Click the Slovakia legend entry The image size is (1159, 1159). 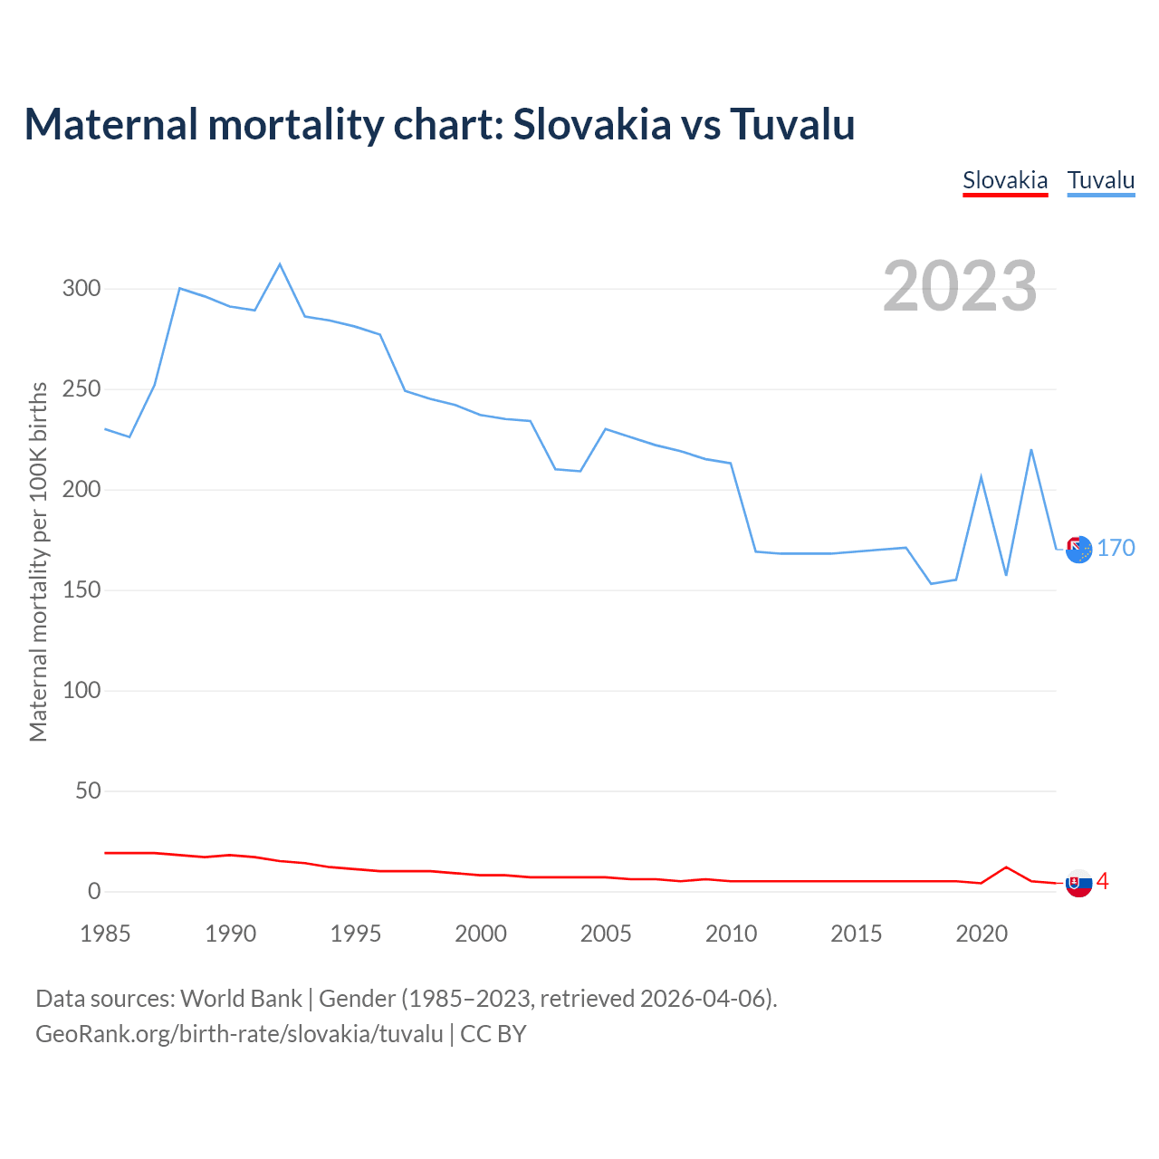1005,180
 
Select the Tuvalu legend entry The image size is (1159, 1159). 1101,180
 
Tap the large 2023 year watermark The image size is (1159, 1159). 960,286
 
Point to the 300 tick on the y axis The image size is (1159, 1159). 81,289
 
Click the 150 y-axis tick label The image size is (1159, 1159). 81,590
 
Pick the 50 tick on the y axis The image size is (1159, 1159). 88,791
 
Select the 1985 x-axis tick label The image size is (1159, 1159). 105,934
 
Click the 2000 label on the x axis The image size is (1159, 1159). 481,934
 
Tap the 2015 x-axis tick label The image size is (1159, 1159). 857,934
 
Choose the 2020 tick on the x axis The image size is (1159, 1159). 982,934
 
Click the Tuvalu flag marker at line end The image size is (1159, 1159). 1078,549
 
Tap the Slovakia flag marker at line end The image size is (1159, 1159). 1078,883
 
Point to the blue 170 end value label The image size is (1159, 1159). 1116,549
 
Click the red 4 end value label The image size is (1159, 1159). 1103,881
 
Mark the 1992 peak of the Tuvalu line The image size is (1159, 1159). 280,264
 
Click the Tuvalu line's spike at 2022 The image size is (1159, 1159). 1031,450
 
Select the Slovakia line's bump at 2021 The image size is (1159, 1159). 1006,867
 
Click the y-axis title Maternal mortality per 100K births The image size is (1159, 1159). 38,561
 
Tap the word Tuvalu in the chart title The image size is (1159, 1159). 792,124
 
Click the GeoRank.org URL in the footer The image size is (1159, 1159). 239,1034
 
